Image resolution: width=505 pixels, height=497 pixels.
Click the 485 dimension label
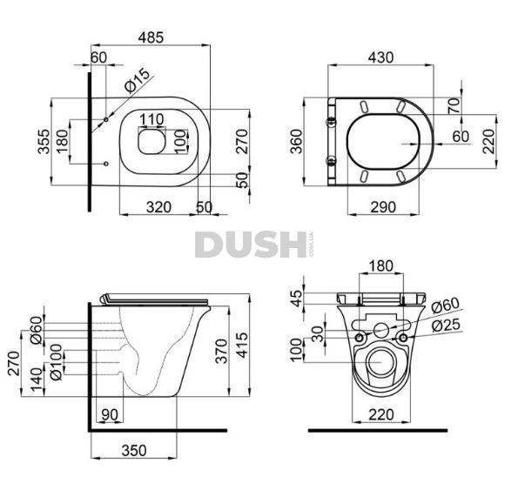(x=151, y=37)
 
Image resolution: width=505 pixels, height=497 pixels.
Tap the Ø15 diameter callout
(x=138, y=80)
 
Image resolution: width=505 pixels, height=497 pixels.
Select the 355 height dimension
(x=44, y=141)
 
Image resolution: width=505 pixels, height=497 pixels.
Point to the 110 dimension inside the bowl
(x=151, y=120)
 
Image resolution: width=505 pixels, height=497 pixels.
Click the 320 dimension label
(x=158, y=207)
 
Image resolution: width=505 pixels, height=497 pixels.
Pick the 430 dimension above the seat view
(x=380, y=57)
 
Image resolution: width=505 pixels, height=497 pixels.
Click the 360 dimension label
(x=297, y=141)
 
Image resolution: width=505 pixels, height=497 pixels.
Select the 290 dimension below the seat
(x=383, y=207)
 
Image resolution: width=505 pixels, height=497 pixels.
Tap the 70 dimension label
(x=454, y=106)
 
